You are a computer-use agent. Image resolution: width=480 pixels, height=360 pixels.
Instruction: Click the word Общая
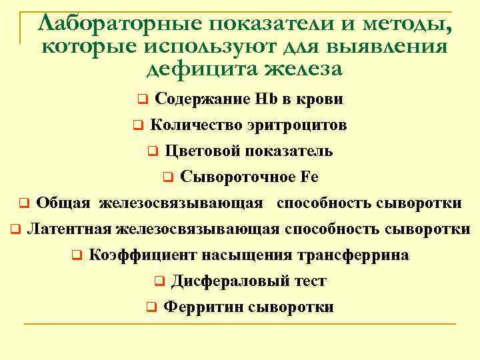[x=64, y=202]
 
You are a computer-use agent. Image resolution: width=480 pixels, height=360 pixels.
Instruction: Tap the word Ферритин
[x=203, y=307]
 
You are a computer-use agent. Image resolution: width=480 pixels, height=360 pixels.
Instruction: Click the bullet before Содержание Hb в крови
[x=142, y=100]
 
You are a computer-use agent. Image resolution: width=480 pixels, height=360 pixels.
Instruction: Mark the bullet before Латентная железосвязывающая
[x=15, y=229]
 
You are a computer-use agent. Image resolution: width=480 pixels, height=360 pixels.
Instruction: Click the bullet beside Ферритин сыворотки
[x=151, y=307]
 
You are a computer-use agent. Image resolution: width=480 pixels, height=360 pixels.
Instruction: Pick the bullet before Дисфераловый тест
[x=159, y=281]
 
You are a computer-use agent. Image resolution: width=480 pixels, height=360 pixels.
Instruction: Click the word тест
[x=308, y=281]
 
